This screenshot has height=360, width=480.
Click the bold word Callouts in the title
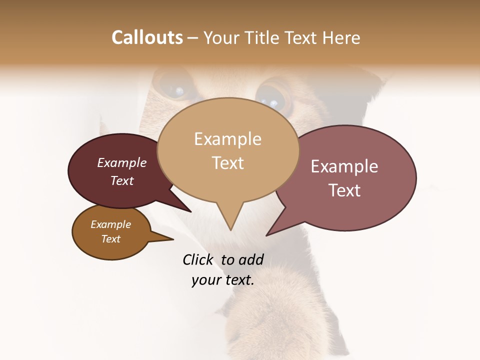tap(147, 37)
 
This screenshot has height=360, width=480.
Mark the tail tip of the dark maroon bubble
tap(190, 211)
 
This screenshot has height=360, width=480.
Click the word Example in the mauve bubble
tap(344, 166)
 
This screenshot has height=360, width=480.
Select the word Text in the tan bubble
tap(228, 163)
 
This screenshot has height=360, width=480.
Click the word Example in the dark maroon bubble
tap(122, 163)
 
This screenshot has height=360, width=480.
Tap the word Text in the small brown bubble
tap(111, 239)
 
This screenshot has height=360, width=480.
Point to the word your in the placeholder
tap(205, 280)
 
